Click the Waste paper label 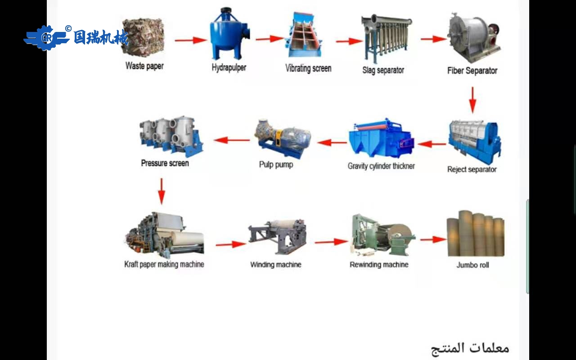(x=144, y=66)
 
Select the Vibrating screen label (x=308, y=68)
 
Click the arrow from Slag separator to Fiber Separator (x=433, y=39)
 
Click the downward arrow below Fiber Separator (x=472, y=100)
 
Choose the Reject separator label (x=472, y=170)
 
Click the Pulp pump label (x=276, y=165)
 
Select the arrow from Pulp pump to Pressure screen (x=232, y=140)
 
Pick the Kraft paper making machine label (x=164, y=265)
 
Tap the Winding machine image (x=277, y=236)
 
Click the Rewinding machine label (x=379, y=265)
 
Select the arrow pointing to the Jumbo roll (x=433, y=240)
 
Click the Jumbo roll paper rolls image (x=475, y=234)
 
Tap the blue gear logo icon (x=46, y=38)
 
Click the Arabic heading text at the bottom (x=470, y=348)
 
